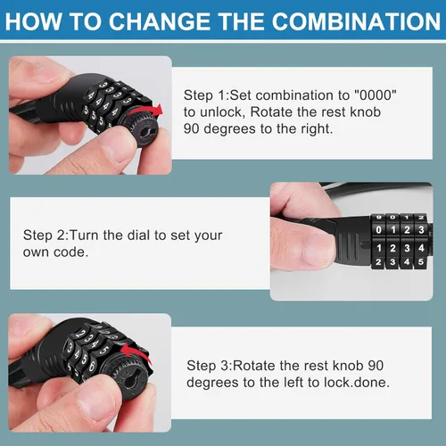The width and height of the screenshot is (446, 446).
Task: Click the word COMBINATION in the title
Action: tap(356, 21)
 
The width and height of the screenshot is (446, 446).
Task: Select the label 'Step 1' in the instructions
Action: tap(204, 95)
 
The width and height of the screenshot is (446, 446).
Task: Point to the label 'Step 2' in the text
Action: tap(44, 235)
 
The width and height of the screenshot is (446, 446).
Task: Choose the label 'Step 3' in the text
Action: tap(208, 366)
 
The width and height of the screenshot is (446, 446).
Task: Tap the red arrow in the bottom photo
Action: tap(136, 351)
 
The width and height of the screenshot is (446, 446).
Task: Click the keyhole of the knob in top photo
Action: tap(145, 132)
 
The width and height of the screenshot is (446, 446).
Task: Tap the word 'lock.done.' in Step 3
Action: tap(357, 383)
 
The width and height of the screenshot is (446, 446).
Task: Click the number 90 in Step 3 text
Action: tap(376, 366)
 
